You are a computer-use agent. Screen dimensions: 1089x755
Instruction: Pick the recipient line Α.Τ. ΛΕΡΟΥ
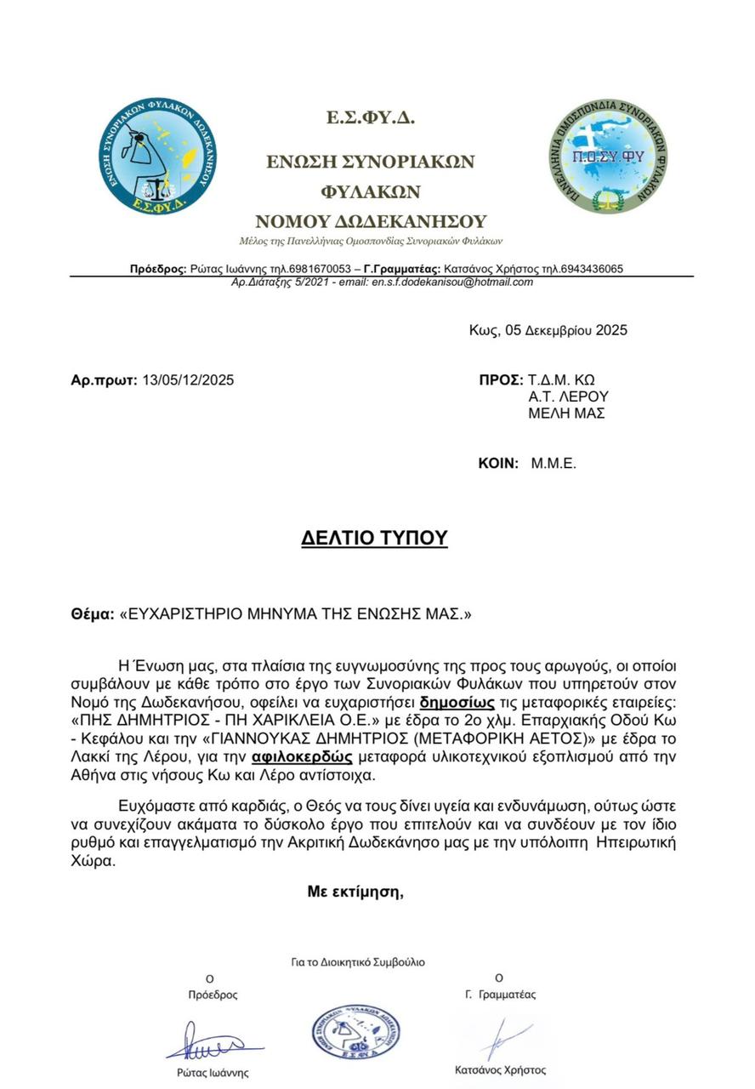(569, 396)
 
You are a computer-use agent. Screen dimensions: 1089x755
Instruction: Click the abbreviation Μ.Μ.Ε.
(554, 464)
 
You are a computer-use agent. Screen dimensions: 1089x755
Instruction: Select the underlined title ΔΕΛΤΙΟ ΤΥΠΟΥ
(374, 538)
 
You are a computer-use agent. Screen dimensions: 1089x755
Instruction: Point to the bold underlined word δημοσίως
(457, 703)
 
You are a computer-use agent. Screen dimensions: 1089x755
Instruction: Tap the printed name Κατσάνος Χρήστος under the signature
(501, 1070)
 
